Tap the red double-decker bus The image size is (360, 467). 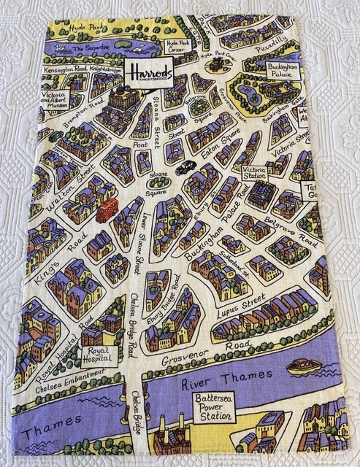[x=107, y=209]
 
